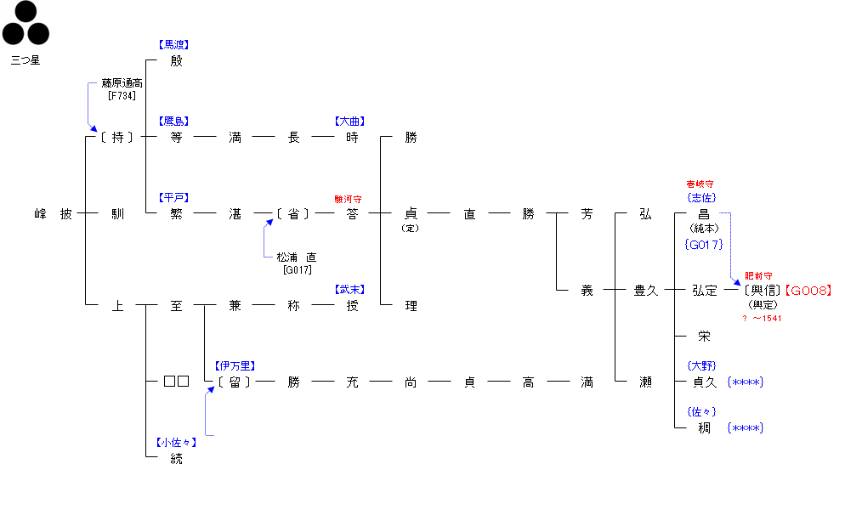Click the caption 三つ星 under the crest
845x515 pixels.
(x=26, y=60)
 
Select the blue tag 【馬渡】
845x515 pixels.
(x=174, y=44)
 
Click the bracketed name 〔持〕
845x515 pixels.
(x=116, y=137)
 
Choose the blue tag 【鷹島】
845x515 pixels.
(x=174, y=122)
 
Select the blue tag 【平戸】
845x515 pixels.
(x=174, y=197)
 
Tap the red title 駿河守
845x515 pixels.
(x=349, y=198)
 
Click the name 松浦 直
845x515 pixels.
(x=297, y=257)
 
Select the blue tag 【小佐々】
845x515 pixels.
(x=176, y=443)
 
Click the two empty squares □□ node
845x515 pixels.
(x=176, y=382)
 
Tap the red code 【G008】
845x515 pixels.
(x=808, y=291)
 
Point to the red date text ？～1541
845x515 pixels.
(x=762, y=319)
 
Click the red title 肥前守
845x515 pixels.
(x=758, y=275)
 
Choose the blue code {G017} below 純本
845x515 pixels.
(x=703, y=245)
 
